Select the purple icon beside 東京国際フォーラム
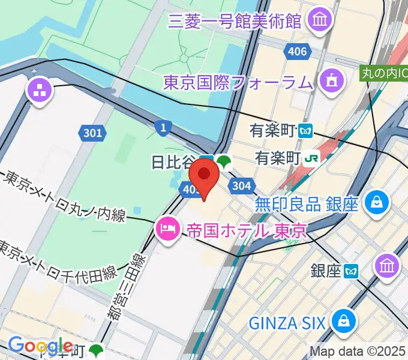[x=330, y=80]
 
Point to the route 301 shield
[x=93, y=133]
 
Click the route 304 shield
[x=241, y=186]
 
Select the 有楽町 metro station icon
[x=307, y=130]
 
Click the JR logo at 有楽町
[x=312, y=157]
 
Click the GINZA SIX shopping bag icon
[x=344, y=320]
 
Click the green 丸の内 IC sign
[x=383, y=74]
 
